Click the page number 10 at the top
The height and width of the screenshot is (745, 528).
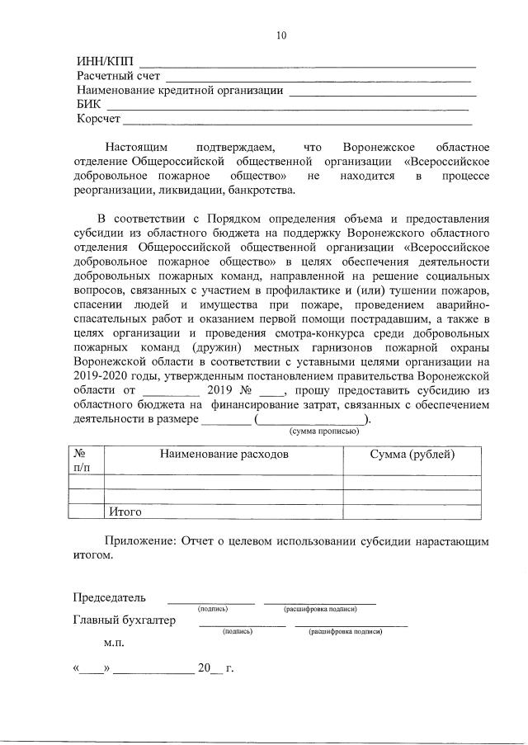tap(282, 35)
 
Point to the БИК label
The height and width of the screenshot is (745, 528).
tap(89, 105)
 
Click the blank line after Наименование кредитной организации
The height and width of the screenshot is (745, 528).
tap(381, 92)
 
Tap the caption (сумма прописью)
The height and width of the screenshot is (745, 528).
tap(323, 431)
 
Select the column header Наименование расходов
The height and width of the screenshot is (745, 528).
tap(224, 455)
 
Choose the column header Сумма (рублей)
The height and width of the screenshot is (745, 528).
tap(412, 455)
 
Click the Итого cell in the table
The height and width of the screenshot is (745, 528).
tap(125, 512)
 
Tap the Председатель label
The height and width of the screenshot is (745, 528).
tap(110, 597)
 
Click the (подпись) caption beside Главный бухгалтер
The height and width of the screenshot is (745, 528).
tap(237, 631)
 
